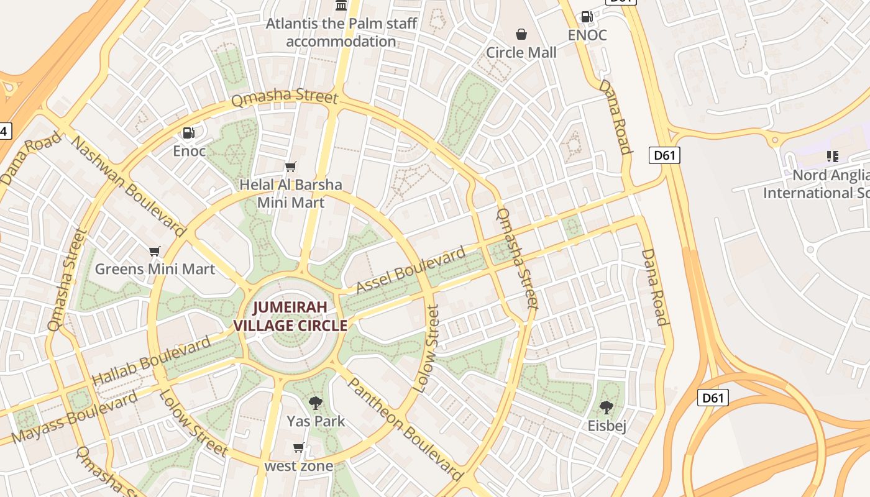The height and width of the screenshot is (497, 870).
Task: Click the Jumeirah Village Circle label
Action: [x=290, y=316]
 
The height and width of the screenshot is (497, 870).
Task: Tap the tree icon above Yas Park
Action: [x=316, y=403]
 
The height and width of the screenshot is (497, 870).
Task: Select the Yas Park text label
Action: [x=316, y=421]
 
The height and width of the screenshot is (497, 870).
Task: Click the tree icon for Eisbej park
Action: [x=607, y=408]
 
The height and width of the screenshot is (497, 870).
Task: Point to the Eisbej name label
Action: [x=607, y=426]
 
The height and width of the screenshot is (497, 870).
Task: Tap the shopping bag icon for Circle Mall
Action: [x=521, y=34]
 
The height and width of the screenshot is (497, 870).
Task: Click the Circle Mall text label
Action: [x=521, y=53]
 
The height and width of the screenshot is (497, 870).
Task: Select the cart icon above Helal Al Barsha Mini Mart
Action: [x=290, y=166]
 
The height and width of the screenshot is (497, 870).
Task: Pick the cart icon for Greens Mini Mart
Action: [x=155, y=251]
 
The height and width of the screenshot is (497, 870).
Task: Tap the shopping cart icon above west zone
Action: [x=299, y=448]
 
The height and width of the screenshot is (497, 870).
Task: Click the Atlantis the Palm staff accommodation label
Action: [x=341, y=32]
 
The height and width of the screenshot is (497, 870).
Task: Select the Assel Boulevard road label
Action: [x=411, y=270]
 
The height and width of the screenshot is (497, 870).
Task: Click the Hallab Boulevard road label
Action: [x=152, y=361]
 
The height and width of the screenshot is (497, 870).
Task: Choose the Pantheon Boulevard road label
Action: [x=404, y=429]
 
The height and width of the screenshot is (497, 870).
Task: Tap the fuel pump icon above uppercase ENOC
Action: [x=587, y=17]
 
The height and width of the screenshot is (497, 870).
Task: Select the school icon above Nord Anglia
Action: [x=832, y=157]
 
